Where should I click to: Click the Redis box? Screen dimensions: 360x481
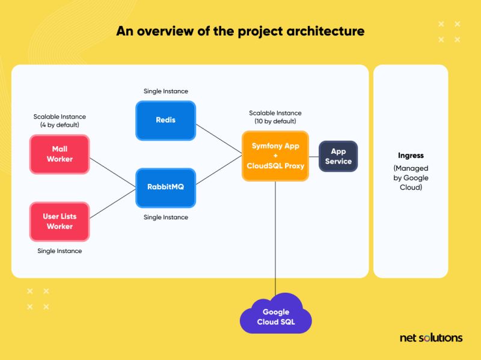165,120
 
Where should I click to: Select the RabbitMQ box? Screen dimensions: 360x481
165,187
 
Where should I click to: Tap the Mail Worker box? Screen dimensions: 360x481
60,154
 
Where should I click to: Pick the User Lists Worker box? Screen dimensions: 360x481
60,221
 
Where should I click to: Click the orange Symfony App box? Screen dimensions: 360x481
275,156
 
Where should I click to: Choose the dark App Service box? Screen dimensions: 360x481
338,156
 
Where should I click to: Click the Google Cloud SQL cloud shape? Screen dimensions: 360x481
275,317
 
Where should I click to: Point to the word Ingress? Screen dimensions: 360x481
411,156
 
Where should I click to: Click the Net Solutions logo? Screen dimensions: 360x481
431,338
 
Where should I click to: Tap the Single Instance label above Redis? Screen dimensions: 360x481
165,91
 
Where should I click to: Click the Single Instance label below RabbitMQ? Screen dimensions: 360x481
165,217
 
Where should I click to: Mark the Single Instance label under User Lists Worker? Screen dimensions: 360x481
60,251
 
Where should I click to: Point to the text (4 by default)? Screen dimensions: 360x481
60,125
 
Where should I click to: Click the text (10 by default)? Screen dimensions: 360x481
275,121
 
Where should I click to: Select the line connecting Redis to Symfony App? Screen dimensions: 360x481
219,138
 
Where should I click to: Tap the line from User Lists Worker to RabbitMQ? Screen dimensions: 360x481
113,205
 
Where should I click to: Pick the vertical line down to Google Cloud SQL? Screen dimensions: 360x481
275,240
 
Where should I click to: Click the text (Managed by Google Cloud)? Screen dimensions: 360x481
411,178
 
